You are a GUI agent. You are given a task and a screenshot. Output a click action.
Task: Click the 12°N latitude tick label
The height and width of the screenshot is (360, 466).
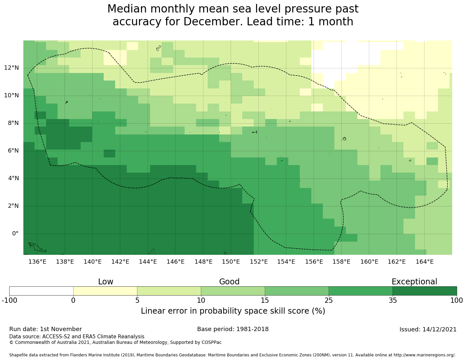(x=11, y=68)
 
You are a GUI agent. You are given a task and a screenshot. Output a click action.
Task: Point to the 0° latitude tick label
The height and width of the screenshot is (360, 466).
(x=15, y=234)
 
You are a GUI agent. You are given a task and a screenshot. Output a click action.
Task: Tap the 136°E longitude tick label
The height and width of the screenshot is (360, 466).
(x=37, y=262)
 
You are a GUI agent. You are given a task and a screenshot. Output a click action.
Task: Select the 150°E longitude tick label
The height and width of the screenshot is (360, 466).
(x=231, y=262)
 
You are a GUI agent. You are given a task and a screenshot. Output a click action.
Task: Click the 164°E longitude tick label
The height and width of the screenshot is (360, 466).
(x=425, y=262)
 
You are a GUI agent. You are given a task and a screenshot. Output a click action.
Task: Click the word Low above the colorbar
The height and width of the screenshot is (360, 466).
(x=106, y=282)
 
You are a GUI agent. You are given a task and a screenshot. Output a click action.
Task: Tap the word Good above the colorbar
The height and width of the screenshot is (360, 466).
(x=229, y=282)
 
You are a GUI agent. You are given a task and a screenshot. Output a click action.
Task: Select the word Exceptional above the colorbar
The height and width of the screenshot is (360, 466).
(x=414, y=282)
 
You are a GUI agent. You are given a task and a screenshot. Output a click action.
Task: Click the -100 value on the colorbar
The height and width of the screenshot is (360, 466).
(x=9, y=300)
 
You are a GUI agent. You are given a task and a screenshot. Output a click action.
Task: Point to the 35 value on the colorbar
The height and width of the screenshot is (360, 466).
(x=393, y=300)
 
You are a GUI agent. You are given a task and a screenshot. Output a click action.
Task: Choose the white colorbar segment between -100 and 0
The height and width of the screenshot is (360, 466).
(x=41, y=291)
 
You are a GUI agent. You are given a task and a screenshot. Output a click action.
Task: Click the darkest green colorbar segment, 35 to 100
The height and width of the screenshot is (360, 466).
(x=425, y=291)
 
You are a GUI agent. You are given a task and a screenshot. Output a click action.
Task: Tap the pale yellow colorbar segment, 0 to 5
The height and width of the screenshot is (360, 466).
(x=105, y=291)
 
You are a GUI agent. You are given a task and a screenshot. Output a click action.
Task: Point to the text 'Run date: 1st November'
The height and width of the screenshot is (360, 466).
(x=45, y=329)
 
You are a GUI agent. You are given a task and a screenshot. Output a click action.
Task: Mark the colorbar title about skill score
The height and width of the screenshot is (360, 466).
(x=233, y=311)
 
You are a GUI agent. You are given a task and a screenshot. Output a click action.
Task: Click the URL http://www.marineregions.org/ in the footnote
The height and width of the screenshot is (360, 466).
(x=424, y=355)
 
